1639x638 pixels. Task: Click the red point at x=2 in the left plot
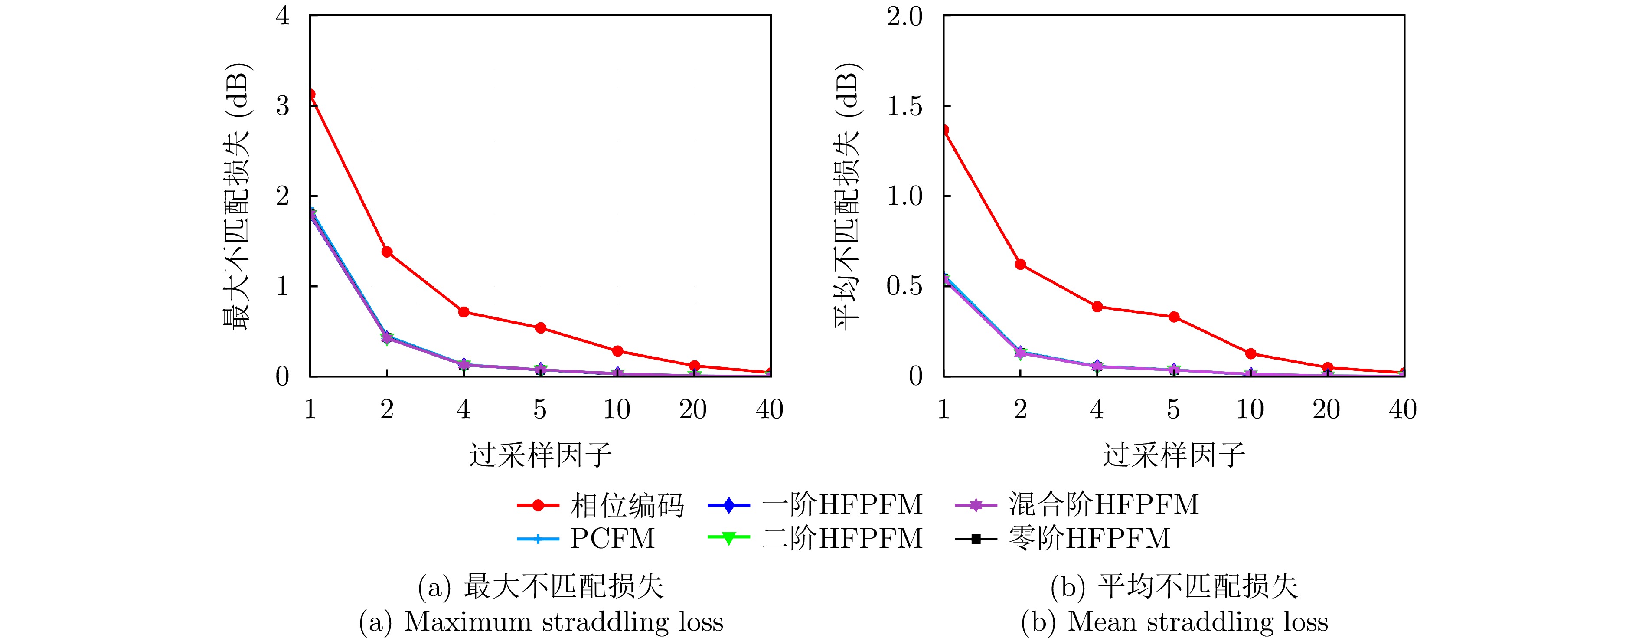tap(387, 252)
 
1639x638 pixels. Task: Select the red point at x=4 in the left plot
tap(464, 312)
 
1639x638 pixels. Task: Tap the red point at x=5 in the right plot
tap(1174, 317)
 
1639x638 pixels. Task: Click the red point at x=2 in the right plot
tap(1021, 264)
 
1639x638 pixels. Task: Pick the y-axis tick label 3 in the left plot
tap(283, 106)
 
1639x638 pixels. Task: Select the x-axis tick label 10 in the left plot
tap(617, 409)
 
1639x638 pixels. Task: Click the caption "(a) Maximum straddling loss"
tap(541, 622)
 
